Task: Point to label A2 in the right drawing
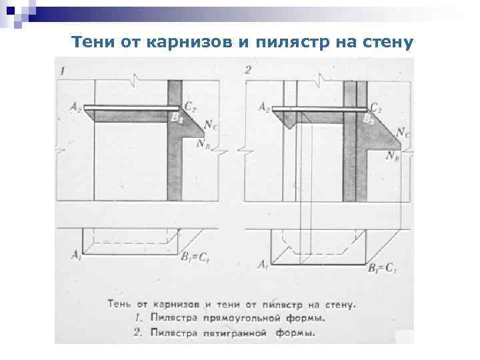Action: tap(264, 106)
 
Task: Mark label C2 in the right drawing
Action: tap(376, 106)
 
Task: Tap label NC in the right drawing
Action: tap(402, 133)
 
